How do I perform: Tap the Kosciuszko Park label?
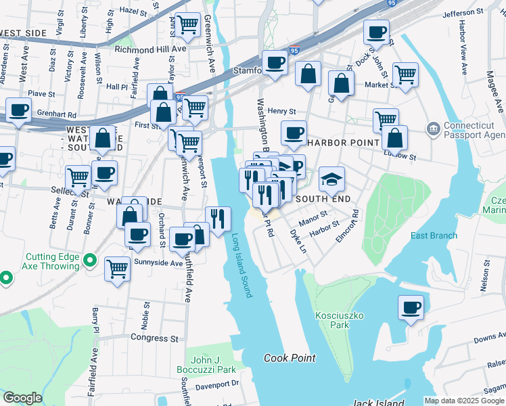332,320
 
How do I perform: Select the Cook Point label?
290,358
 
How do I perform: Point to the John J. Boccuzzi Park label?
212,365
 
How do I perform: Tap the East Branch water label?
434,235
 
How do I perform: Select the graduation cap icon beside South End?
331,179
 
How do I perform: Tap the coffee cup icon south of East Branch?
411,308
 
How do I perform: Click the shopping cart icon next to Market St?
405,74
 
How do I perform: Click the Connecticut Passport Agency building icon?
433,129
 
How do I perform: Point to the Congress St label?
154,338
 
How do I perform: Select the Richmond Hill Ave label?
150,49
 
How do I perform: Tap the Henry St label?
282,111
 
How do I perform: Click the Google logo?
22,398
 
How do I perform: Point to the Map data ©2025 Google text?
463,401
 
